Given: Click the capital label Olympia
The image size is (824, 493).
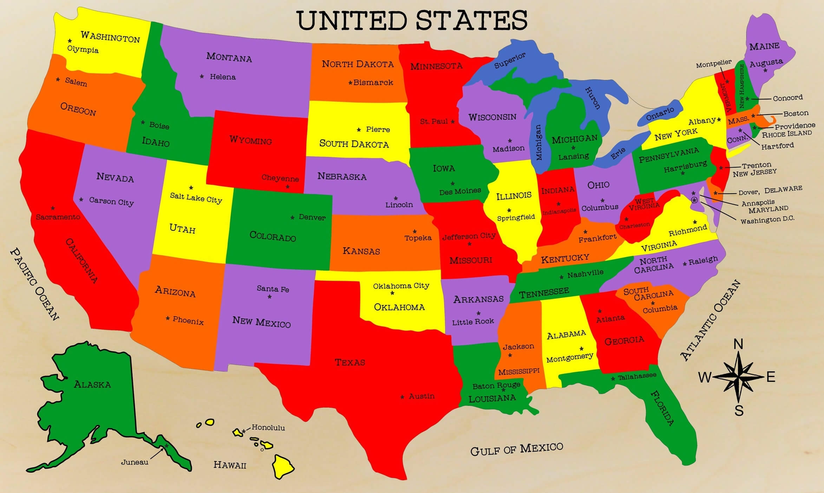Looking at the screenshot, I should pos(83,49).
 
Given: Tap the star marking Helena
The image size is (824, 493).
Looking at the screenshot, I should pos(202,76).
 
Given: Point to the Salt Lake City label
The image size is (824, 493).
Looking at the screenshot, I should pos(196,197).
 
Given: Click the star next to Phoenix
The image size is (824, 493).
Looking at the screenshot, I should pos(168,318).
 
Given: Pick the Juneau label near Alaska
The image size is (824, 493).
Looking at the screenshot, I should pos(135,462).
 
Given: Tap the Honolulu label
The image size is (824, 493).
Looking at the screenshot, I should pos(268,428).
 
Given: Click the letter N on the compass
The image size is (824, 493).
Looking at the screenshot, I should pos(739,344).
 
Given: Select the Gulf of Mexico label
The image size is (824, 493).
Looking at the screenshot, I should pos(516,449).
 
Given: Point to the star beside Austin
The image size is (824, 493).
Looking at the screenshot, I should pos(403,397).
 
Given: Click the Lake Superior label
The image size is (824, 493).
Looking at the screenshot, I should pos(510,60).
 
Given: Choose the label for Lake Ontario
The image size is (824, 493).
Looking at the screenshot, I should pos(660,114).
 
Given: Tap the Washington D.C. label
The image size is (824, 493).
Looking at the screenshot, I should pos(767,220).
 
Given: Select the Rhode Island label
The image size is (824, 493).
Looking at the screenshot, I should pos(787,134).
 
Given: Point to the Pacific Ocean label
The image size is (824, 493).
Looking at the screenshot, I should pos(34,284).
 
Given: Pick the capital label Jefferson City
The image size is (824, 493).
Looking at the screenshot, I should pos(469,236).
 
